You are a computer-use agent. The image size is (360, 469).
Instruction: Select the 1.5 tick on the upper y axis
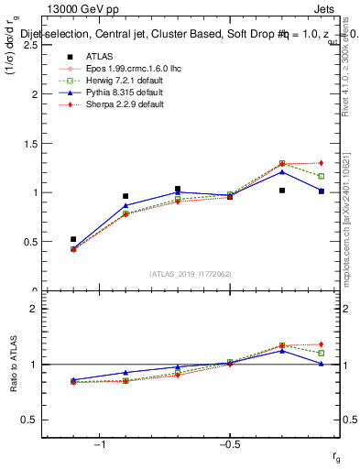coord(29,144)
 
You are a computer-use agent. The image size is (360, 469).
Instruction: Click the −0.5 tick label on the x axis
coord(228,444)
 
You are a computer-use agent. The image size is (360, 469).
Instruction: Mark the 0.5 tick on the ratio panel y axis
coord(29,420)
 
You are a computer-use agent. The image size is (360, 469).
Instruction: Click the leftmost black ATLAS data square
coord(73,239)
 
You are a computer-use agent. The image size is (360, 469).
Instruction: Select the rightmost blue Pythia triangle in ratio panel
coord(321,364)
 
